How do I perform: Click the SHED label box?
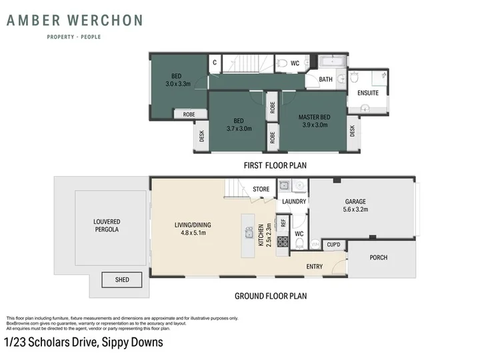tap(122, 279)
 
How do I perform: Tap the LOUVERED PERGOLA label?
tap(107, 225)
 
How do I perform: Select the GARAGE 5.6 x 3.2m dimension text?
tap(355, 209)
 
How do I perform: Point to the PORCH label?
tap(379, 257)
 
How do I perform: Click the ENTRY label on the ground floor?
tap(315, 267)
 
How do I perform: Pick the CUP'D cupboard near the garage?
tap(334, 245)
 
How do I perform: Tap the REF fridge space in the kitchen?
tap(283, 223)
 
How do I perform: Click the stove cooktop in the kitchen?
tap(283, 241)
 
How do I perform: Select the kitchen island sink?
tap(249, 233)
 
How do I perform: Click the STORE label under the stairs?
tap(261, 189)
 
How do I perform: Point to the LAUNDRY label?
tap(294, 201)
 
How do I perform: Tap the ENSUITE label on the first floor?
tap(368, 93)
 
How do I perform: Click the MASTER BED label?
tap(315, 117)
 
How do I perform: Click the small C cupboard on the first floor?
tap(215, 63)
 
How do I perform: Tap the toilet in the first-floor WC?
tap(282, 63)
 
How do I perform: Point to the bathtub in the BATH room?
tap(332, 61)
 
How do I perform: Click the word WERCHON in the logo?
tap(105, 21)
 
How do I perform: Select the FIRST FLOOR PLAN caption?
tap(275, 165)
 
